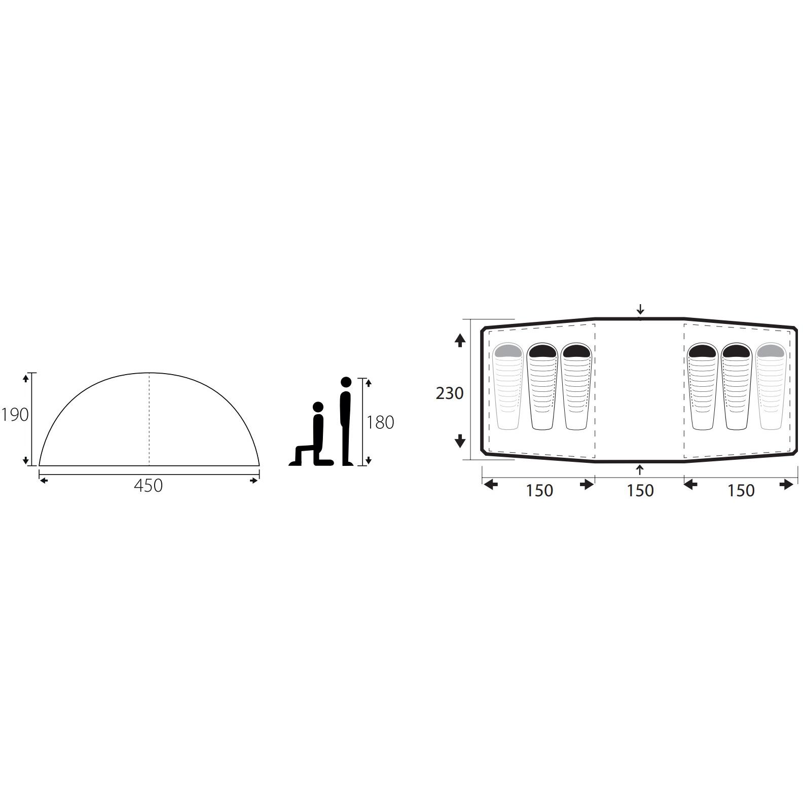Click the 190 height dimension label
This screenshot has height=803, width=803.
[x=15, y=415]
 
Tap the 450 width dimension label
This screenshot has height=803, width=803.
[x=149, y=486]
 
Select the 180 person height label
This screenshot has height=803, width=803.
[x=380, y=422]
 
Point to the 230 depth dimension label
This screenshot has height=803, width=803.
[x=450, y=393]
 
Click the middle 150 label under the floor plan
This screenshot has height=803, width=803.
[x=640, y=491]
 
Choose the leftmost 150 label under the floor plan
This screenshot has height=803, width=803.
[x=539, y=491]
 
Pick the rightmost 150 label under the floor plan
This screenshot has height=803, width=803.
[x=741, y=491]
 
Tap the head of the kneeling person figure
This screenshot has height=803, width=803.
[x=318, y=407]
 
